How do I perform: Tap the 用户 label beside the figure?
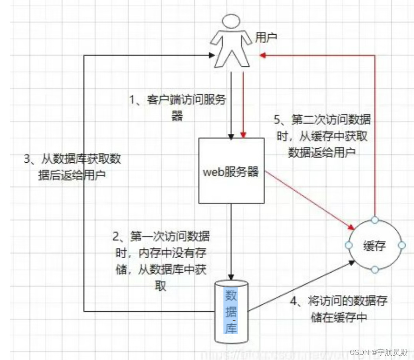pyautogui.click(x=266, y=38)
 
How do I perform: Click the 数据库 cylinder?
pyautogui.click(x=231, y=312)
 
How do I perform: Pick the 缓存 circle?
pyautogui.click(x=375, y=245)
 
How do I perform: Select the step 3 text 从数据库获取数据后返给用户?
pyautogui.click(x=72, y=167)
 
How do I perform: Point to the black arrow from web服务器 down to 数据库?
pyautogui.click(x=231, y=241)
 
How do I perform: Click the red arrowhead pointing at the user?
pyautogui.click(x=263, y=55)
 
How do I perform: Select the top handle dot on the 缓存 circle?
pyautogui.click(x=374, y=220)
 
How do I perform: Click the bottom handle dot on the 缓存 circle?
pyautogui.click(x=374, y=270)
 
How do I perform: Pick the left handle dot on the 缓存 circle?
pyautogui.click(x=349, y=245)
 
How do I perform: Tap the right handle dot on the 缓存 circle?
pyautogui.click(x=400, y=245)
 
